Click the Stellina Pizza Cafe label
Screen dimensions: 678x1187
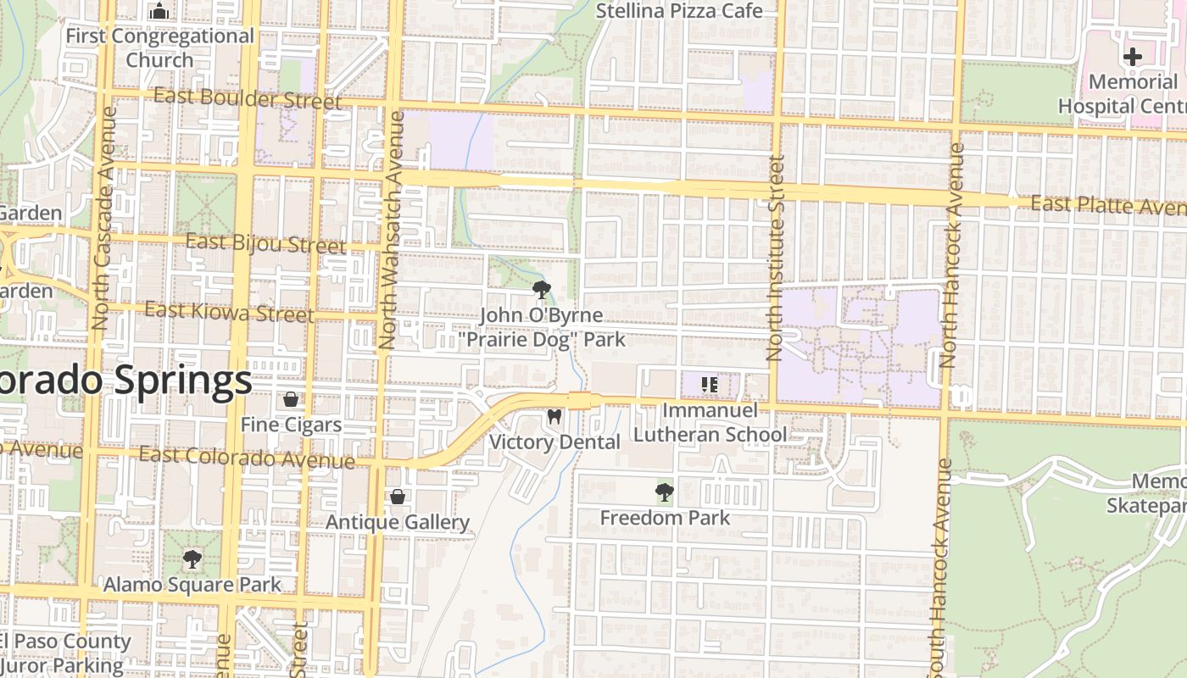click(x=679, y=11)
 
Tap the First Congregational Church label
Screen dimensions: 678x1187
click(x=159, y=48)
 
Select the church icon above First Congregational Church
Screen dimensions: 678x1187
click(x=159, y=12)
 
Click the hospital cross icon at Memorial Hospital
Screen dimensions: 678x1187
click(x=1132, y=57)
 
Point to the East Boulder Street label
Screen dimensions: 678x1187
click(x=247, y=99)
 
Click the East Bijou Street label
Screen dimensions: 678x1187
click(x=265, y=244)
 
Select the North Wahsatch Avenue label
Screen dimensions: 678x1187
click(x=388, y=229)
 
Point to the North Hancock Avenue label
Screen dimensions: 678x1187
click(x=951, y=254)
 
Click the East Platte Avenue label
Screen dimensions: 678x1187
click(x=1107, y=206)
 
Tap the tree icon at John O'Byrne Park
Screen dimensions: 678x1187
click(x=541, y=291)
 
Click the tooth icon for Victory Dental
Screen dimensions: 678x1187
click(x=554, y=417)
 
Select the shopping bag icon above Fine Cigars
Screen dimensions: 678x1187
click(x=291, y=399)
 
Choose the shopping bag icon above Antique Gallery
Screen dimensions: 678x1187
click(x=397, y=497)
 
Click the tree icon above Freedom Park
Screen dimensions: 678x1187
click(x=664, y=492)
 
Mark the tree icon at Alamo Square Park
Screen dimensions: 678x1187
click(x=192, y=559)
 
